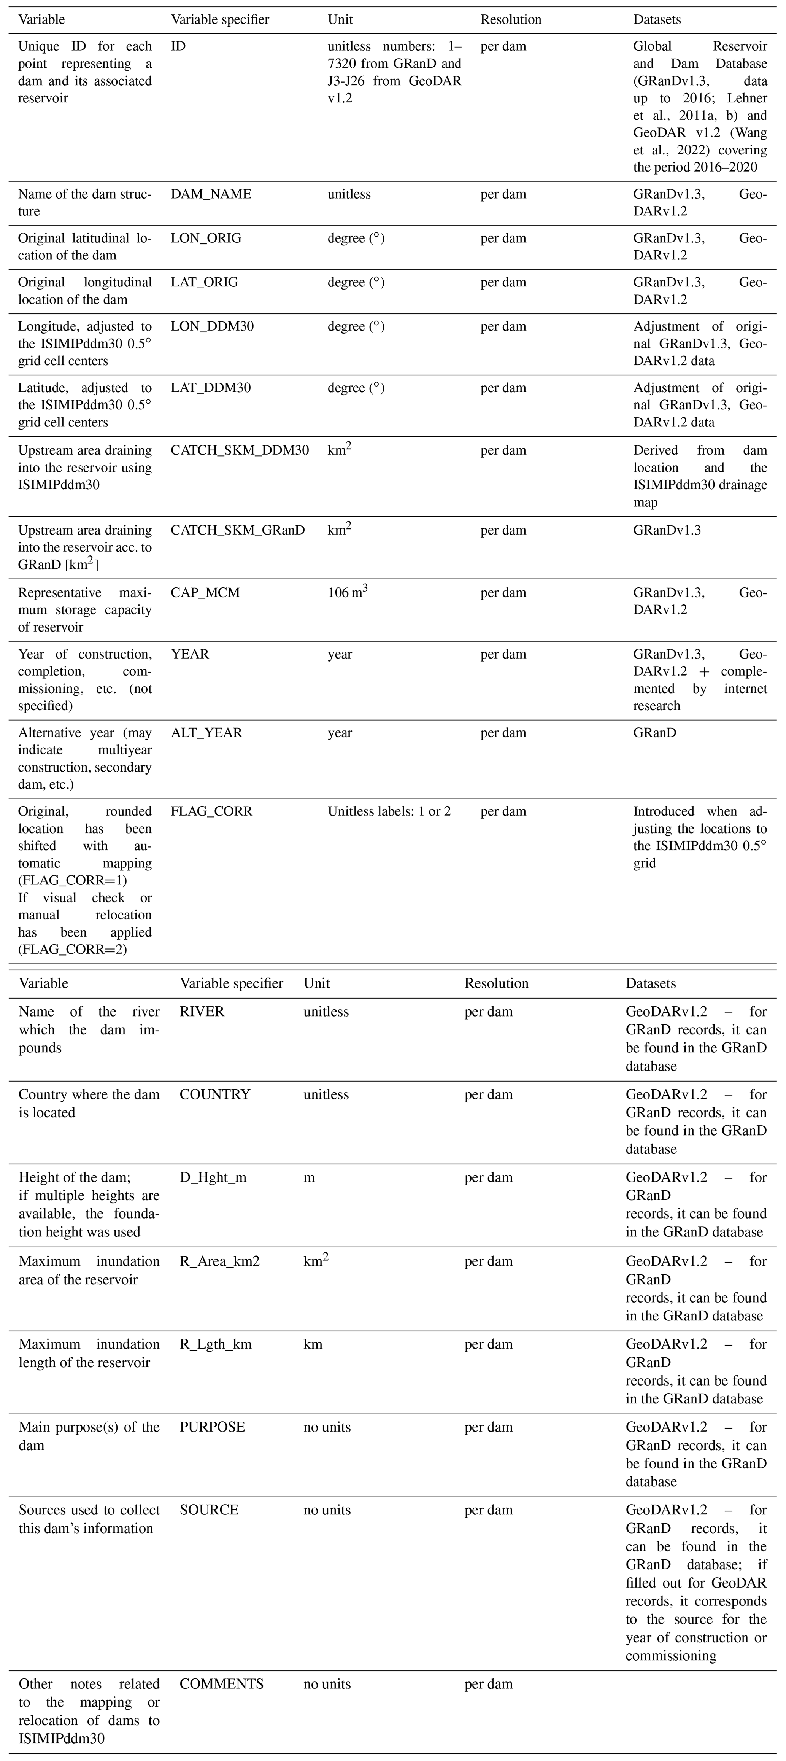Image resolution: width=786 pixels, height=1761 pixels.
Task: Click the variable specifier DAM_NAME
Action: [x=211, y=194]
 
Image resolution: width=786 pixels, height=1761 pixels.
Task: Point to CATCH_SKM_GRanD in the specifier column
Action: [x=237, y=530]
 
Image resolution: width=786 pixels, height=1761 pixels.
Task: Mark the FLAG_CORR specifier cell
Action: [x=211, y=811]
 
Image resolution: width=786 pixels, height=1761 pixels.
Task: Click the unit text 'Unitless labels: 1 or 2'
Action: [x=389, y=811]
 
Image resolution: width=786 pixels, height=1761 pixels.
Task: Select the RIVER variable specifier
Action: [x=202, y=1012]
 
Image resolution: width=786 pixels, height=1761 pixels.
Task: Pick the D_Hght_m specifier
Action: [x=213, y=1177]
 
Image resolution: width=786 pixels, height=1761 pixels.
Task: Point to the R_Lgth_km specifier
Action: [x=215, y=1344]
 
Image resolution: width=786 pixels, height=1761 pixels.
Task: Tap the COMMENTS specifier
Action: [x=221, y=1684]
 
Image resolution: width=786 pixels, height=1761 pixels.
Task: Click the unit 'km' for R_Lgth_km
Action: [x=313, y=1344]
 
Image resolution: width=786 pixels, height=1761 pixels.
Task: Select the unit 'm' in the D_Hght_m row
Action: [x=309, y=1177]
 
